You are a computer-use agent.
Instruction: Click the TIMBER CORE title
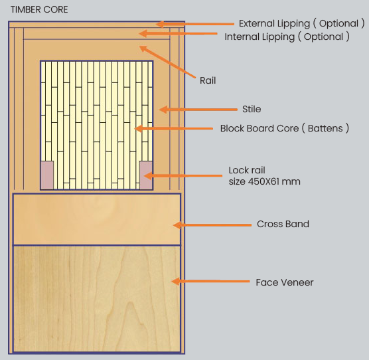pos(39,10)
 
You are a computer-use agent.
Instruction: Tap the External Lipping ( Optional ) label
pos(302,23)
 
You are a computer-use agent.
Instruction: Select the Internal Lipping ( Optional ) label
pos(287,37)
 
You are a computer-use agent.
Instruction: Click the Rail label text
pos(208,80)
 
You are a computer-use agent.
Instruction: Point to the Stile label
pos(252,109)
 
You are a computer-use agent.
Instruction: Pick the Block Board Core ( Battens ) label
pos(285,128)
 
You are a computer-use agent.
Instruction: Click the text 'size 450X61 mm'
pos(265,181)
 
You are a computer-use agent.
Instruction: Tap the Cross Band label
pos(283,224)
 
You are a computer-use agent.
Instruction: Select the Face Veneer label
pos(285,282)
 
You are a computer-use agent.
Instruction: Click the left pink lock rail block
pos(47,175)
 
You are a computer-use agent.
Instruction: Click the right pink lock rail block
pos(146,175)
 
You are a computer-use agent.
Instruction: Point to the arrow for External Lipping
pos(195,24)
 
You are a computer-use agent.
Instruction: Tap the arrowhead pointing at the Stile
pos(163,110)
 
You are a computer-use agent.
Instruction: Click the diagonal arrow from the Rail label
pos(167,62)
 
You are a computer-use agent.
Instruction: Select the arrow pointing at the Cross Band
pos(212,225)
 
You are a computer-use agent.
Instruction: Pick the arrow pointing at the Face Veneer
pos(210,281)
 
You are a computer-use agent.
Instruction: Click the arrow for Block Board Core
pos(174,129)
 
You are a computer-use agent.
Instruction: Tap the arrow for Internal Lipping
pos(178,33)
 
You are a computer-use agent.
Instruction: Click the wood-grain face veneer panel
pos(97,299)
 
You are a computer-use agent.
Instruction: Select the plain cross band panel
pos(97,219)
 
